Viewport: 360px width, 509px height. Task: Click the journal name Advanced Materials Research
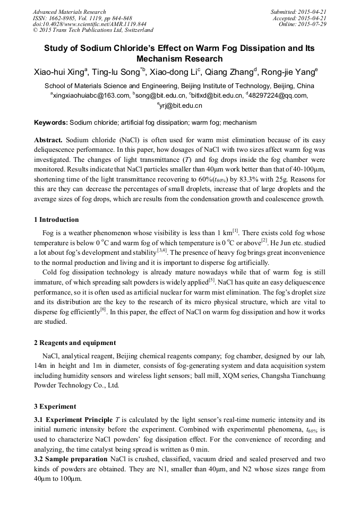(69, 12)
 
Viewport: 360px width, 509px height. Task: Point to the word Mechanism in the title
(160, 58)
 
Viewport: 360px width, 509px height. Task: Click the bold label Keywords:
(51, 123)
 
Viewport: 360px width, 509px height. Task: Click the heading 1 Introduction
(56, 220)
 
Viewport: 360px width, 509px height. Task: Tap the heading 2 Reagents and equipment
(75, 343)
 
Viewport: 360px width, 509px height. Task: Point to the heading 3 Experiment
(55, 407)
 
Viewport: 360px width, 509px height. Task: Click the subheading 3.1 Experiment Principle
(73, 420)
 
